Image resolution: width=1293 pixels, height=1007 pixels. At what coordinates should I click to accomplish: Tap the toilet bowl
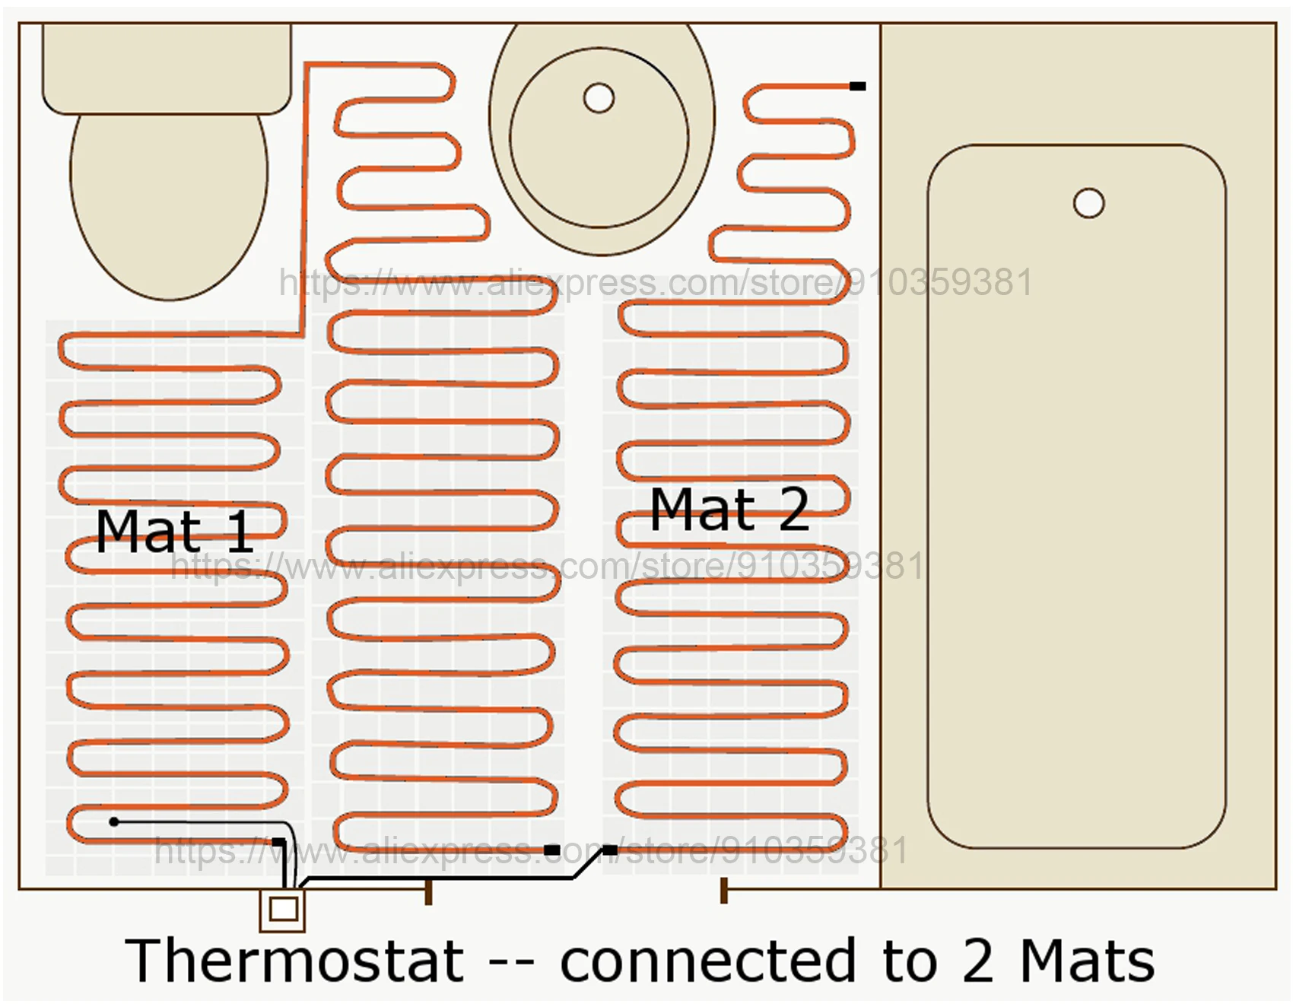click(169, 205)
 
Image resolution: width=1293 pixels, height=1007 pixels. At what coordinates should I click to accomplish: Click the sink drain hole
click(599, 98)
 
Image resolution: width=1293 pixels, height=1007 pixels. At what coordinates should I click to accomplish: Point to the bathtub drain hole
click(1088, 204)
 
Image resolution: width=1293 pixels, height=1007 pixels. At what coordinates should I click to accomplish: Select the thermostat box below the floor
click(283, 909)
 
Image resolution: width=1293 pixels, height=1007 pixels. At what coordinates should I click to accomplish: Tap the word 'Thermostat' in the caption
click(294, 961)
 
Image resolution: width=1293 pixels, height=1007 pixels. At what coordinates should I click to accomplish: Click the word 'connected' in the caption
click(708, 961)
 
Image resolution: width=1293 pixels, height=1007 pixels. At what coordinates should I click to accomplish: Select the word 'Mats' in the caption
click(1087, 961)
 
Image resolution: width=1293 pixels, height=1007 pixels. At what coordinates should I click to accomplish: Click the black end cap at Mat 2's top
click(857, 86)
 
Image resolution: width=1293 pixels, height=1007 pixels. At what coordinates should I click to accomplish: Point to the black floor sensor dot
click(114, 821)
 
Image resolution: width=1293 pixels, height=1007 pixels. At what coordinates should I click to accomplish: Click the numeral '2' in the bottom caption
click(978, 961)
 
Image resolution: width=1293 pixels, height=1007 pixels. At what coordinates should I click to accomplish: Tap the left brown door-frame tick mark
click(428, 891)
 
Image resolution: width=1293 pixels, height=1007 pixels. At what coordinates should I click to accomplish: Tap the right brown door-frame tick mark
click(723, 891)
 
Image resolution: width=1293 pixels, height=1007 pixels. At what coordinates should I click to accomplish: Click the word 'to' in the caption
click(910, 961)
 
